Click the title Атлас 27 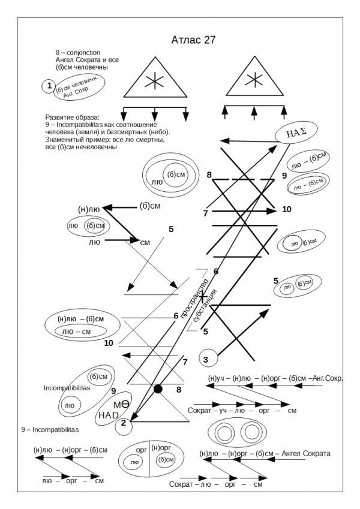click(190, 40)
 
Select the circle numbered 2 click(123, 423)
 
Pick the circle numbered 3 click(206, 359)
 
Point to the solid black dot click(158, 389)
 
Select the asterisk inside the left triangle click(155, 79)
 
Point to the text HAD click(109, 415)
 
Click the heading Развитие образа click(72, 117)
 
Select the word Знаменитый click(66, 140)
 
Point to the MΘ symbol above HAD click(121, 404)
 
